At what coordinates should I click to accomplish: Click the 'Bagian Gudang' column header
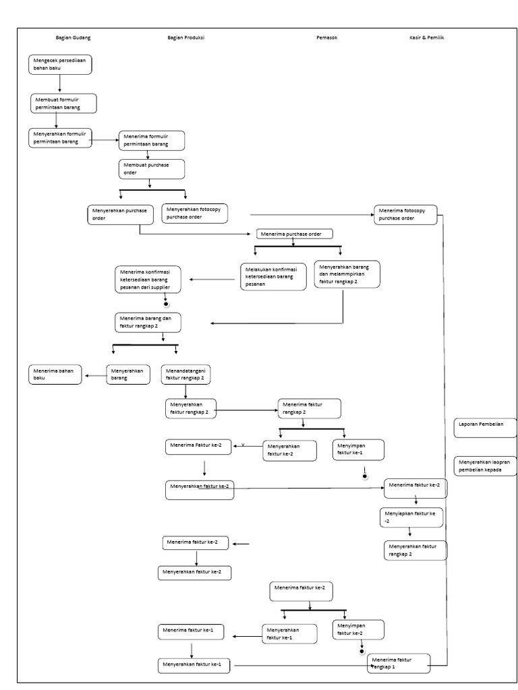tap(73, 38)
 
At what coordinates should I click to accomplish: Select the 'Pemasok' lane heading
tap(327, 38)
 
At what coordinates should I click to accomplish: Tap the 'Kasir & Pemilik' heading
tap(426, 38)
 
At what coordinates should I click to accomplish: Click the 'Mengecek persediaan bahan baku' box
tap(60, 65)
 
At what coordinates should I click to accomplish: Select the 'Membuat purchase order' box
tap(152, 168)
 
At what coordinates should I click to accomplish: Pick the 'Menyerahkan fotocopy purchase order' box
tap(195, 214)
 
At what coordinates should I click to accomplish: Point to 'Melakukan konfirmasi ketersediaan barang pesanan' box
tap(273, 276)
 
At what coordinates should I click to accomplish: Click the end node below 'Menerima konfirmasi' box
tap(166, 304)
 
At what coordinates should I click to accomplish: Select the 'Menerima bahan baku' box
tap(55, 374)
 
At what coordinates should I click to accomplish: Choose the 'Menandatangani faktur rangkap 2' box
tap(187, 374)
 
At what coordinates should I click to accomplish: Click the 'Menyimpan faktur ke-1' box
tap(358, 449)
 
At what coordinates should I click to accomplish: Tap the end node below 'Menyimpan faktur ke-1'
tap(365, 476)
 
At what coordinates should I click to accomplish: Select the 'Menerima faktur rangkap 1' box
tap(399, 663)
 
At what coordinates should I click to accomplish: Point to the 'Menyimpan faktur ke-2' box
tap(358, 629)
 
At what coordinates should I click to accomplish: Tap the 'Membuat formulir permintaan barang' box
tap(63, 103)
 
